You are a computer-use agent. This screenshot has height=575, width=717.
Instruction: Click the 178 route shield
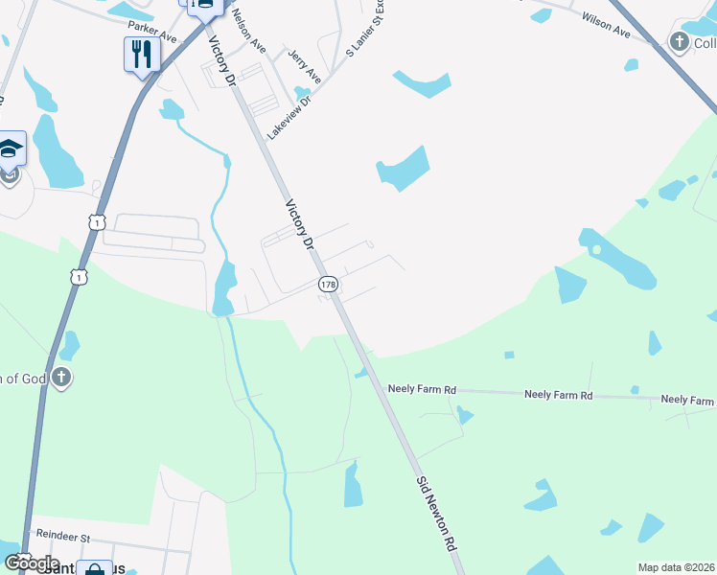tap(327, 285)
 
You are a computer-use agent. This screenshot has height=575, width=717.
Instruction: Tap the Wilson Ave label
tap(605, 25)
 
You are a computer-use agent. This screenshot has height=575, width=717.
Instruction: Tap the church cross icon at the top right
tap(680, 41)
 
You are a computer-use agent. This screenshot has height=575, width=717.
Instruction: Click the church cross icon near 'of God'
tap(61, 377)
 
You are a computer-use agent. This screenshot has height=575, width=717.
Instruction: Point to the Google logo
tap(32, 563)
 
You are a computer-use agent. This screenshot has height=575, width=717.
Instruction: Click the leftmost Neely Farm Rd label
tap(422, 390)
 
